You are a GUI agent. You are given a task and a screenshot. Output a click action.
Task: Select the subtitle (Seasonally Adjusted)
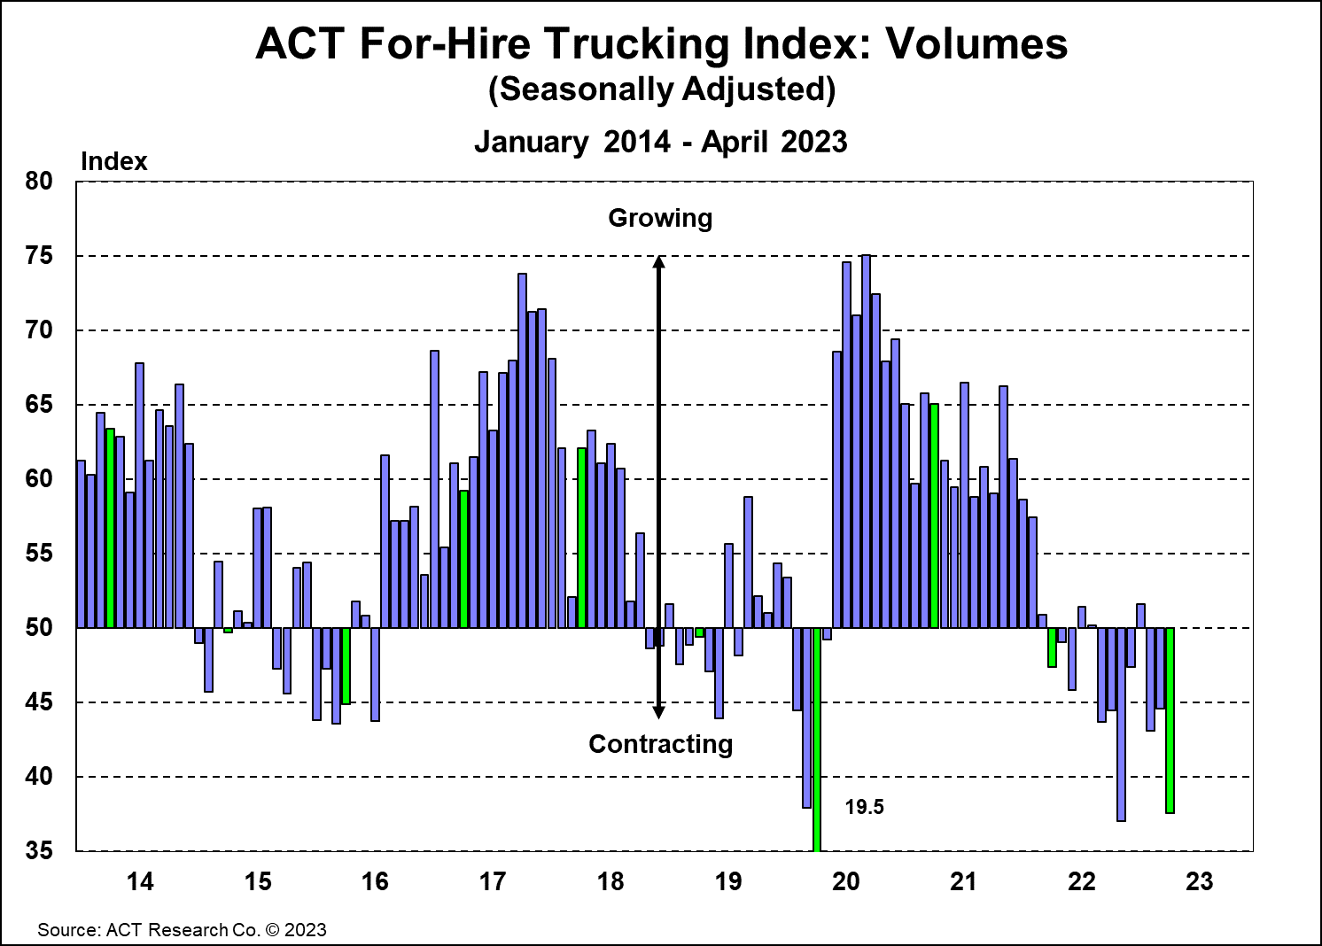tap(661, 90)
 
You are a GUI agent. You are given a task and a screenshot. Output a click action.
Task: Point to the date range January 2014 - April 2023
tap(661, 142)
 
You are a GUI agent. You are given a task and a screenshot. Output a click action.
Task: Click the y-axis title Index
tap(113, 161)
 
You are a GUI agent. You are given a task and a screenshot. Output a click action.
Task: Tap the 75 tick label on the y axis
tap(40, 256)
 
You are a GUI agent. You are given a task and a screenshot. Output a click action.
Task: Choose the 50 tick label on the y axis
tap(40, 628)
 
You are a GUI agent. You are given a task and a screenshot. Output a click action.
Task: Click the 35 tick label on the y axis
tap(40, 851)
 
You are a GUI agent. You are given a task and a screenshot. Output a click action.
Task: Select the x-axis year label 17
tap(493, 881)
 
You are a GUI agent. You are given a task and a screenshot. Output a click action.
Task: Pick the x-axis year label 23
tap(1199, 881)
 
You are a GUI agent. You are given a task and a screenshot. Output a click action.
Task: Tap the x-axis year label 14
tap(140, 881)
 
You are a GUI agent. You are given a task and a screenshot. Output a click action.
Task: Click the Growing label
tap(660, 218)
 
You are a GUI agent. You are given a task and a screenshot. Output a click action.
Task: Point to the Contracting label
tap(660, 744)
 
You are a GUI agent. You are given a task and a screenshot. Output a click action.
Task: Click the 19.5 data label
tap(864, 807)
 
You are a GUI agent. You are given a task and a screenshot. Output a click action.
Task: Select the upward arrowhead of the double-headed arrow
tap(658, 262)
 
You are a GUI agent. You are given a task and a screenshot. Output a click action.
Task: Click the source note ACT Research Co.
tap(182, 930)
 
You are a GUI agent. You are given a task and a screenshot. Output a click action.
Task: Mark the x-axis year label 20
tap(846, 881)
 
